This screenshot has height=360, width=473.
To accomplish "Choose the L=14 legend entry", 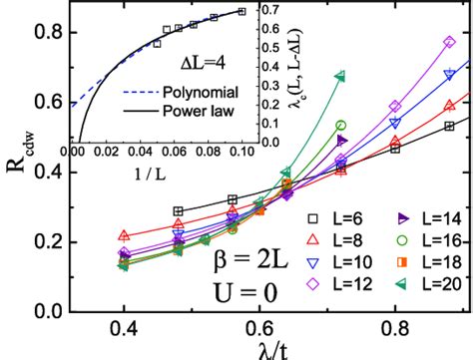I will (418, 217).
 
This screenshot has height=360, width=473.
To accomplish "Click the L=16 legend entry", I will (418, 240).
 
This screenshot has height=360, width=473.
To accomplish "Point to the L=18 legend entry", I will (418, 262).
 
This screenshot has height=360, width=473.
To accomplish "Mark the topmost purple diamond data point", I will (449, 42).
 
